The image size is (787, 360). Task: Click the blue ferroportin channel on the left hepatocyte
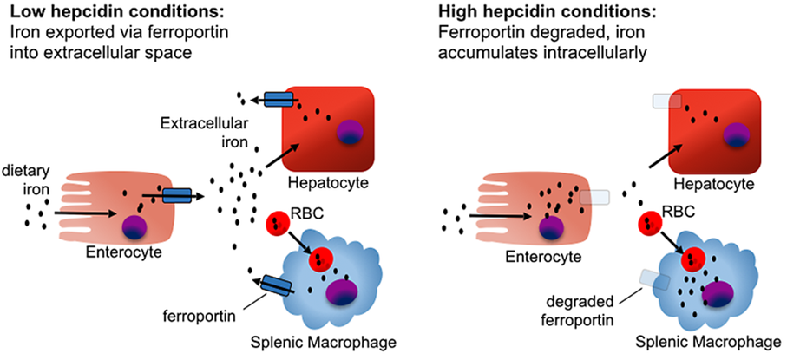point(279,100)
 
